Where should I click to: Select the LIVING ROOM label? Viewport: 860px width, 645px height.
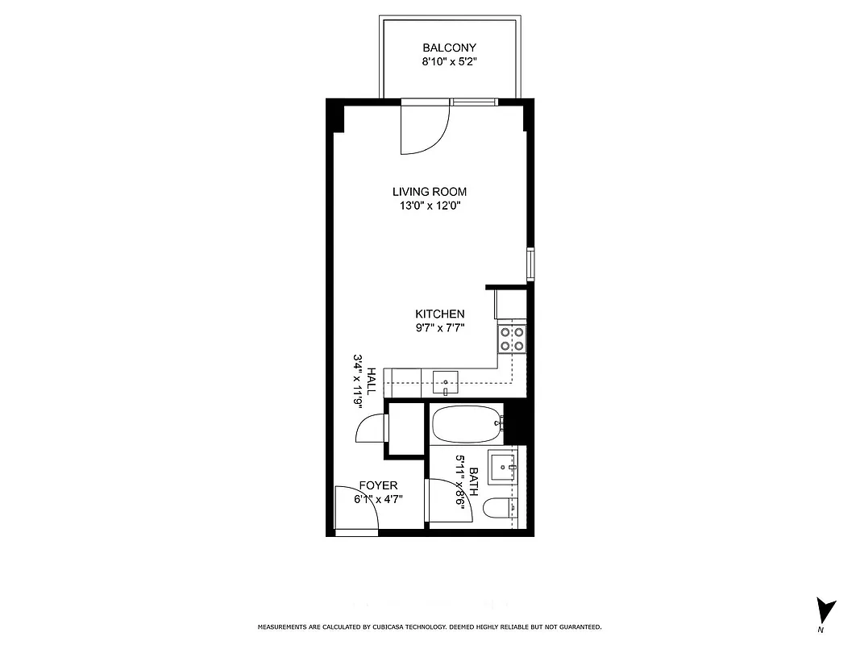[430, 192]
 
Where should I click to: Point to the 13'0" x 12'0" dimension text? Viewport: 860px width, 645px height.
[430, 206]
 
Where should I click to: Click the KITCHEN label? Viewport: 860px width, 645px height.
[439, 314]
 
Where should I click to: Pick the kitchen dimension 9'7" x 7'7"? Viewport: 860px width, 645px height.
[439, 327]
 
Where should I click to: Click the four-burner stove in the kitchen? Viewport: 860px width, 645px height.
[512, 339]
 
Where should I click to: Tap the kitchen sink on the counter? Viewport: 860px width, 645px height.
[445, 380]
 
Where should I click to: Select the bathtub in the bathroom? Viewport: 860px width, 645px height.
[466, 423]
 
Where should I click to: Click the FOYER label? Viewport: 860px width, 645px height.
[378, 485]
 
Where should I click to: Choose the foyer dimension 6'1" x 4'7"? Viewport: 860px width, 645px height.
[378, 499]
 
